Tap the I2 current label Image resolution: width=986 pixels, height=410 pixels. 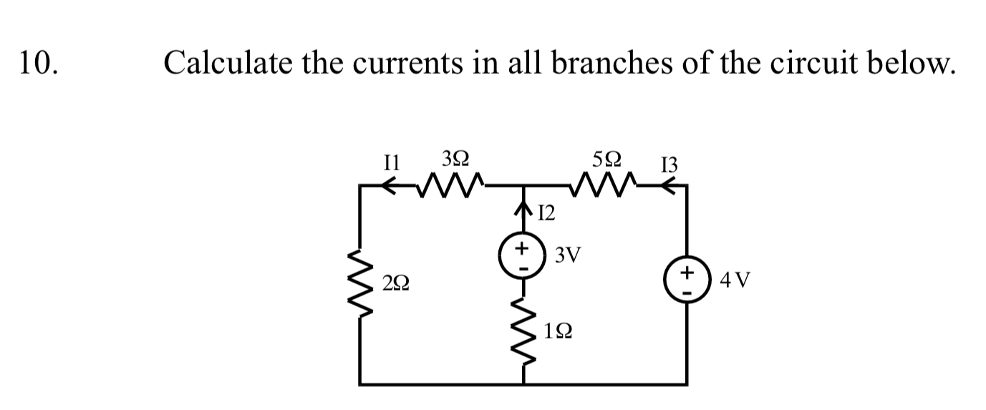coord(546,213)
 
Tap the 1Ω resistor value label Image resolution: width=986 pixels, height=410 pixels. coord(558,331)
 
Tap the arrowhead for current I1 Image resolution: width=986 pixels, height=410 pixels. coord(390,187)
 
